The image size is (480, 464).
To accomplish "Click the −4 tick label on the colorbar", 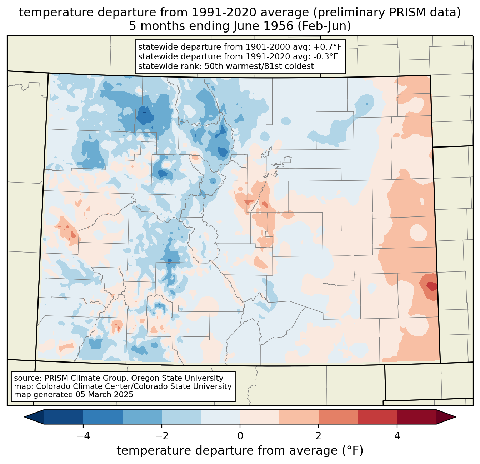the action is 83,436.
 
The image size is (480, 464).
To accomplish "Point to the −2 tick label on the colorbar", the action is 162,436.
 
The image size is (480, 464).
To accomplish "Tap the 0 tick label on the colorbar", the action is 240,436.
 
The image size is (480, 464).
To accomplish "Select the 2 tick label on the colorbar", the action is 319,436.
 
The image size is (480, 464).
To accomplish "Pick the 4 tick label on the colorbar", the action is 397,436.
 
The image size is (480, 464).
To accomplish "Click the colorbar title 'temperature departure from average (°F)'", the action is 240,450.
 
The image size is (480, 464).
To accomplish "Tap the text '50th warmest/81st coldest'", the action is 259,66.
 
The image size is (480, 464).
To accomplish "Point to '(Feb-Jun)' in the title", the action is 324,26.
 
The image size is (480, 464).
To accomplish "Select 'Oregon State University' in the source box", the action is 177,378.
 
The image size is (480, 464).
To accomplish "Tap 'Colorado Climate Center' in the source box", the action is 86,386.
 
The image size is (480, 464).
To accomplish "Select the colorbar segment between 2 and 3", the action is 338,417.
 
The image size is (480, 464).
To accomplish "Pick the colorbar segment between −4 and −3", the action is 103,417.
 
